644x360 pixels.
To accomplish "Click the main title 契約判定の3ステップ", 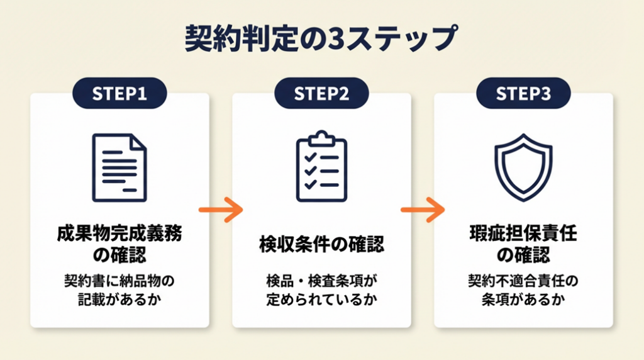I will [321, 39].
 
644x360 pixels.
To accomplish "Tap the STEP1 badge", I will [119, 94].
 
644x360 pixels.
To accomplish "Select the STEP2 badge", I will [321, 94].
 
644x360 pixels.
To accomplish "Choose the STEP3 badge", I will [523, 94].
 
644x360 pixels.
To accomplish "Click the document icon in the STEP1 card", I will [119, 167].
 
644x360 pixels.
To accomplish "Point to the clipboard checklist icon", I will [321, 167].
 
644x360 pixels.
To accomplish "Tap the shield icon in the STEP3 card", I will [523, 167].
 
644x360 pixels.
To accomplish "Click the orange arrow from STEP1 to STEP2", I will [220, 210].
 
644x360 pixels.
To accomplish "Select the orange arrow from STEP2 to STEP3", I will [422, 210].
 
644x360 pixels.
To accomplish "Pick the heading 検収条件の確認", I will [321, 245].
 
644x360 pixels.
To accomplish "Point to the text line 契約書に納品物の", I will [119, 279].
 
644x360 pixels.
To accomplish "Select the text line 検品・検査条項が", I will [321, 279].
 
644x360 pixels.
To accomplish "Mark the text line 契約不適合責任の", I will [523, 279].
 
